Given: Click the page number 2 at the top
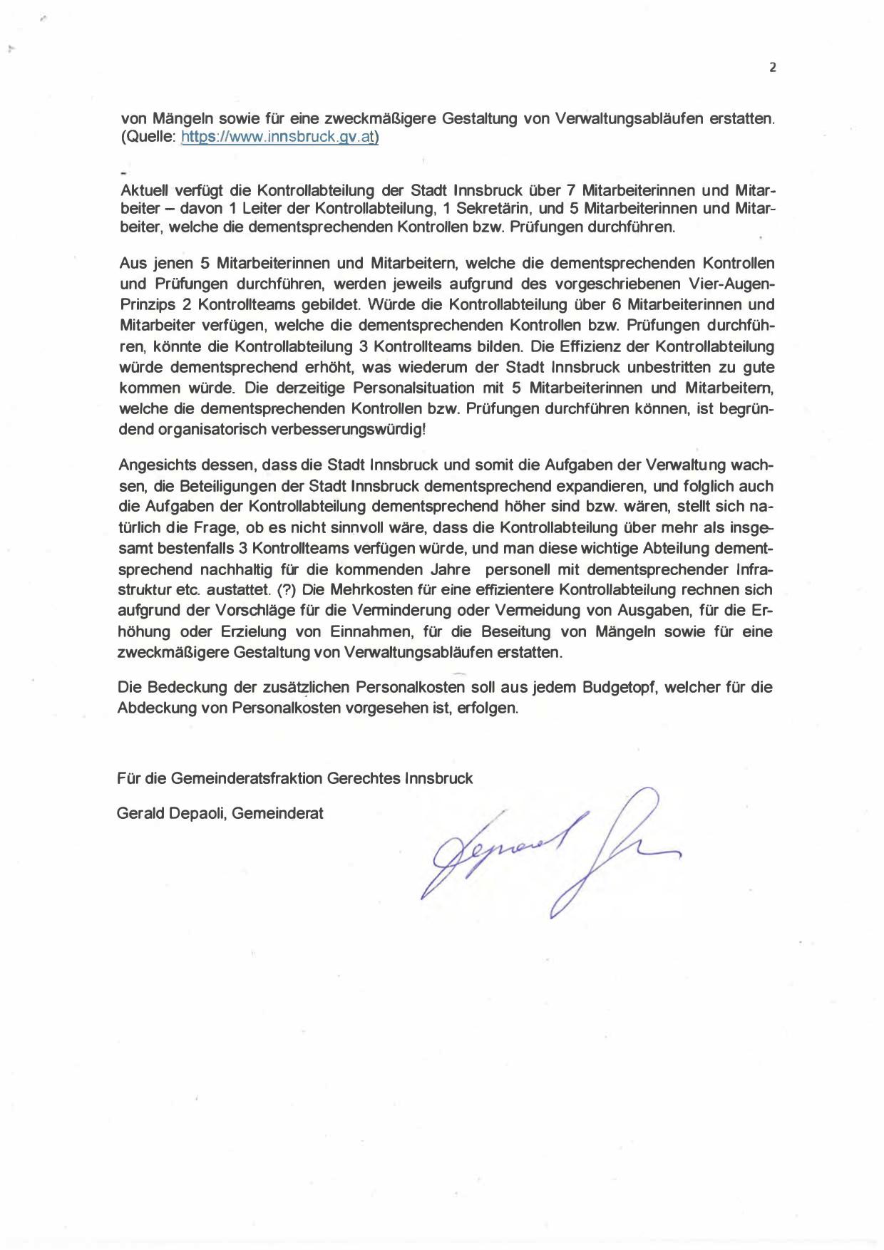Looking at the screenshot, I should tap(773, 68).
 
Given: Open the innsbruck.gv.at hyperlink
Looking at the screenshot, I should tap(279, 137).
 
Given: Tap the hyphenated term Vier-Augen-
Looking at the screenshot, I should tap(725, 284).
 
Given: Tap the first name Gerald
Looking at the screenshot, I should tap(140, 813).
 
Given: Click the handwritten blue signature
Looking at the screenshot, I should tap(549, 852).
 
